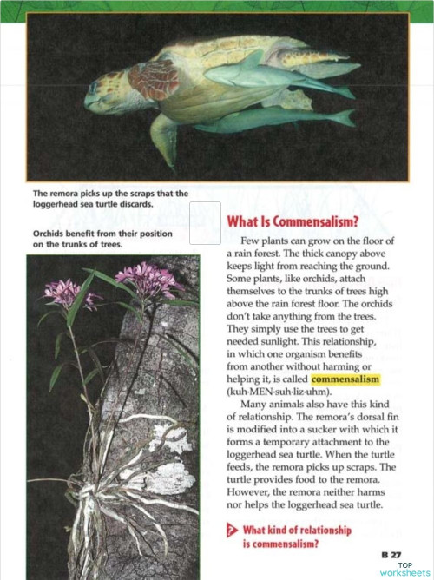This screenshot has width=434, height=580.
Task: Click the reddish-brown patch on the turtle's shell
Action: coord(153,80)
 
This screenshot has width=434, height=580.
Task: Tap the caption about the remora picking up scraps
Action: coord(110,199)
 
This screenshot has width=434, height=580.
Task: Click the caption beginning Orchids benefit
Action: coord(102,239)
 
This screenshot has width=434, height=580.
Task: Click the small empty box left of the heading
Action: coord(205,217)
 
